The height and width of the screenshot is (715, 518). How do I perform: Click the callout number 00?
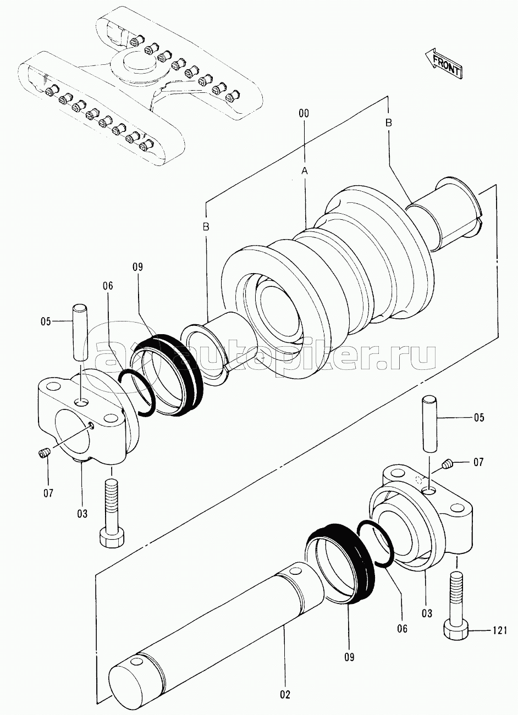(x=304, y=113)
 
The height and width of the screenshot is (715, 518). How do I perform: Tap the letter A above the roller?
(x=305, y=171)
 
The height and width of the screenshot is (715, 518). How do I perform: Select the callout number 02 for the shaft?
(x=285, y=695)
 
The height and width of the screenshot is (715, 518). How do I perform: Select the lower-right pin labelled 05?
(x=429, y=424)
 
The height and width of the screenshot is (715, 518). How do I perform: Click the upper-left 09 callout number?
(x=138, y=267)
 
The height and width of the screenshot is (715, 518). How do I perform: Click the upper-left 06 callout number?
(x=108, y=285)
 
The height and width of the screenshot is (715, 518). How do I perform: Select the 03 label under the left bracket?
(x=82, y=514)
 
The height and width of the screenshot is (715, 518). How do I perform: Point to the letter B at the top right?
(x=389, y=123)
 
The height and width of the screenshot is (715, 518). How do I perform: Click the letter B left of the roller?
(x=206, y=227)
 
